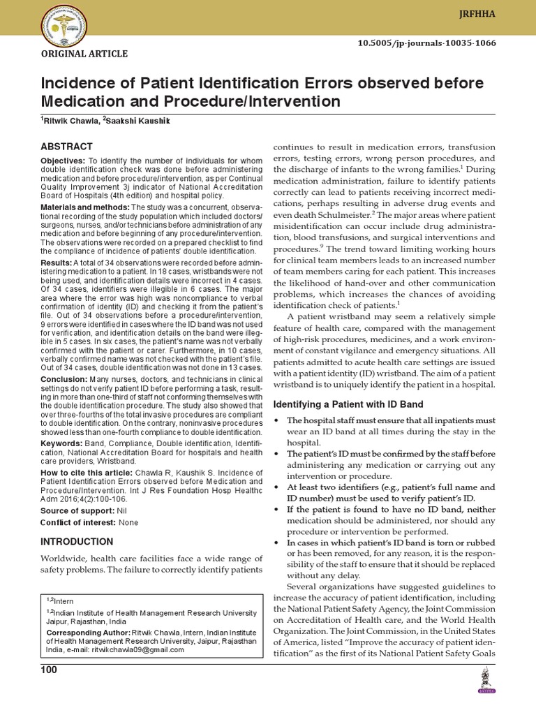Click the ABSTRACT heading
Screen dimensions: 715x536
(67, 147)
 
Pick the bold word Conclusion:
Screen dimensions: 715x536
(63, 379)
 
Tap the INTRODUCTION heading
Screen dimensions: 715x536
(77, 542)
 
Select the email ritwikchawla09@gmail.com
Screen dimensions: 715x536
(147, 649)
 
